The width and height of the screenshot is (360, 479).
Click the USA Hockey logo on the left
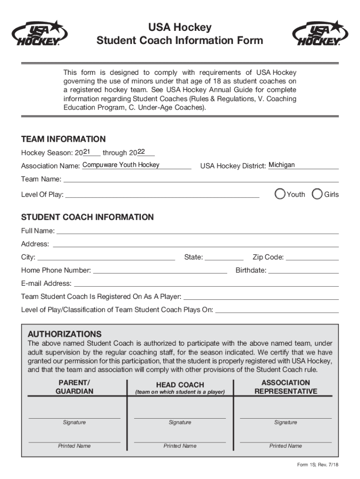[40, 34]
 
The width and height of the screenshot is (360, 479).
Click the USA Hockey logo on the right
[321, 34]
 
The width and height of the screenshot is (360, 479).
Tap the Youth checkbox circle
[280, 194]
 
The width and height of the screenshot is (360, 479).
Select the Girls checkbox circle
[317, 194]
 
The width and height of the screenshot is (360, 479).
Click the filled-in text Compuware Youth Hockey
[121, 165]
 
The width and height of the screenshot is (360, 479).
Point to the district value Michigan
[282, 165]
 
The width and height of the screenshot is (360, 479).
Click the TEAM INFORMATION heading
[63, 139]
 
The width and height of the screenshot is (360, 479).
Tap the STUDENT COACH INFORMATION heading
[87, 217]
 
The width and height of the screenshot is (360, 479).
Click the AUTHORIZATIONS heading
[65, 334]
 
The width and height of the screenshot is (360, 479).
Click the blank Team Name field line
[201, 179]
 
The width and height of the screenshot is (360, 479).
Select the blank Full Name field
[197, 231]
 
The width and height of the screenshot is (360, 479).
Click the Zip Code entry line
[312, 257]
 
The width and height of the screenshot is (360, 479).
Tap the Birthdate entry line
[303, 270]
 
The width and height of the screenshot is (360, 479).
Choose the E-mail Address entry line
[206, 283]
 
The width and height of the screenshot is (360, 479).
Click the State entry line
[224, 257]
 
